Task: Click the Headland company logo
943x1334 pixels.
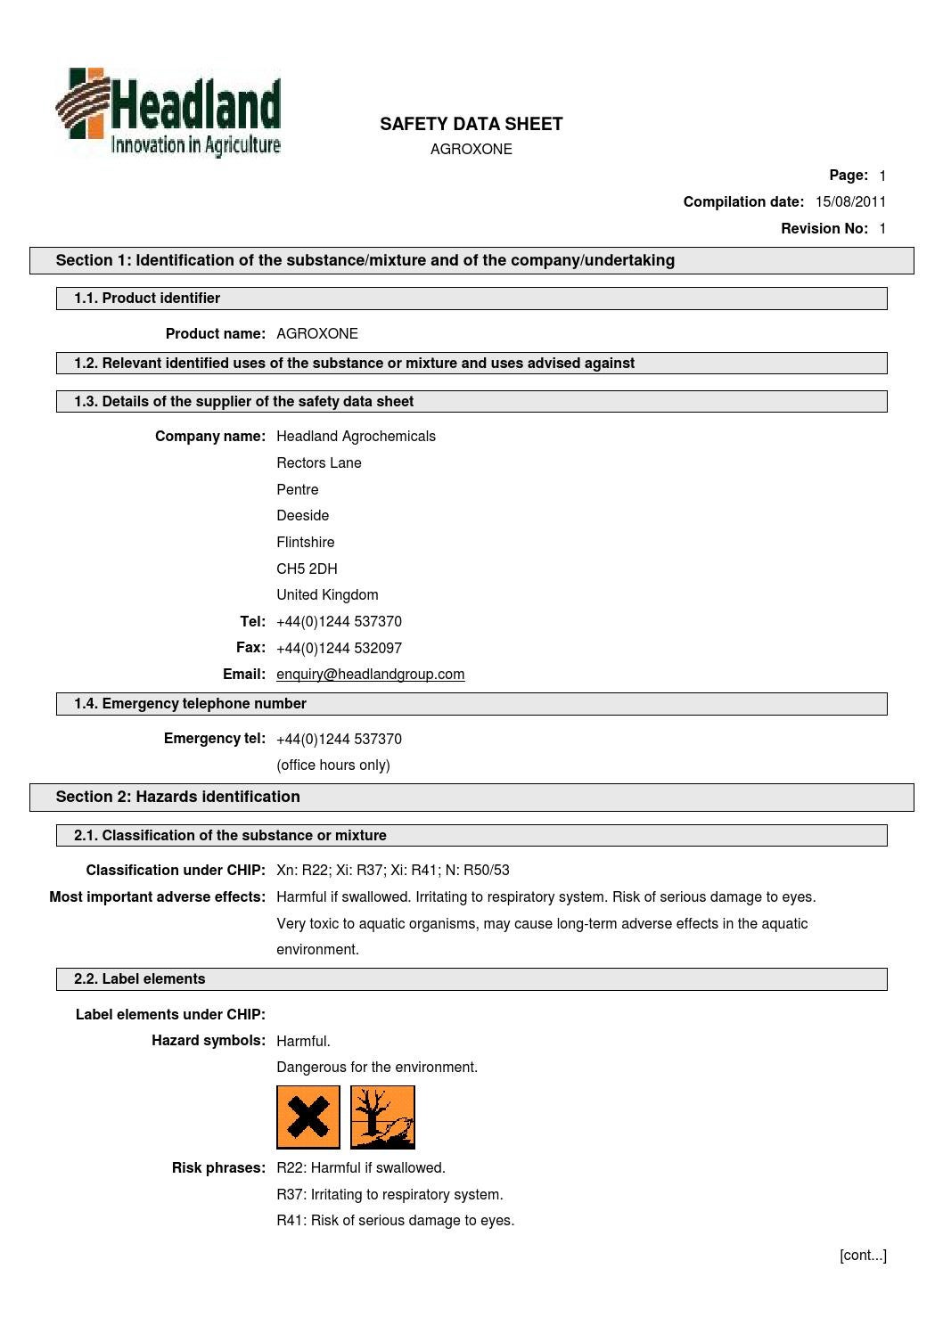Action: (168, 113)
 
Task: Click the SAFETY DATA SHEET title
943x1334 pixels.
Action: (471, 124)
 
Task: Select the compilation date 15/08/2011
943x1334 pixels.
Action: (850, 202)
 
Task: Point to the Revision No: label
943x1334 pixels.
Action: (824, 229)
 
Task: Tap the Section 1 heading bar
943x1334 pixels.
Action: (471, 260)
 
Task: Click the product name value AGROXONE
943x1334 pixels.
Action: (317, 334)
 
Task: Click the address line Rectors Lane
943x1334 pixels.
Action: (319, 463)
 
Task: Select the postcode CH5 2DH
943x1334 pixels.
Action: (307, 569)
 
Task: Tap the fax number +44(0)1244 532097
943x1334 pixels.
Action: (339, 648)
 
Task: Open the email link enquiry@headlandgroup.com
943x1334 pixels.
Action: (370, 675)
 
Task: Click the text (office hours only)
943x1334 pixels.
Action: (333, 765)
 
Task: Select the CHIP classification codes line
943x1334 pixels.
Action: (393, 871)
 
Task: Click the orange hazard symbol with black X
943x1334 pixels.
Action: (308, 1117)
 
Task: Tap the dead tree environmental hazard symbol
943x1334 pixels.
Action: (382, 1117)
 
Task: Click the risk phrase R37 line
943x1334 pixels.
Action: (389, 1195)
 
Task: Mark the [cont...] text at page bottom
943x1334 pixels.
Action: (862, 1256)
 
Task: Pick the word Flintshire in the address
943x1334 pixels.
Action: (306, 543)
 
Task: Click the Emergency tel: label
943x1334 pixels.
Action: (214, 739)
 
